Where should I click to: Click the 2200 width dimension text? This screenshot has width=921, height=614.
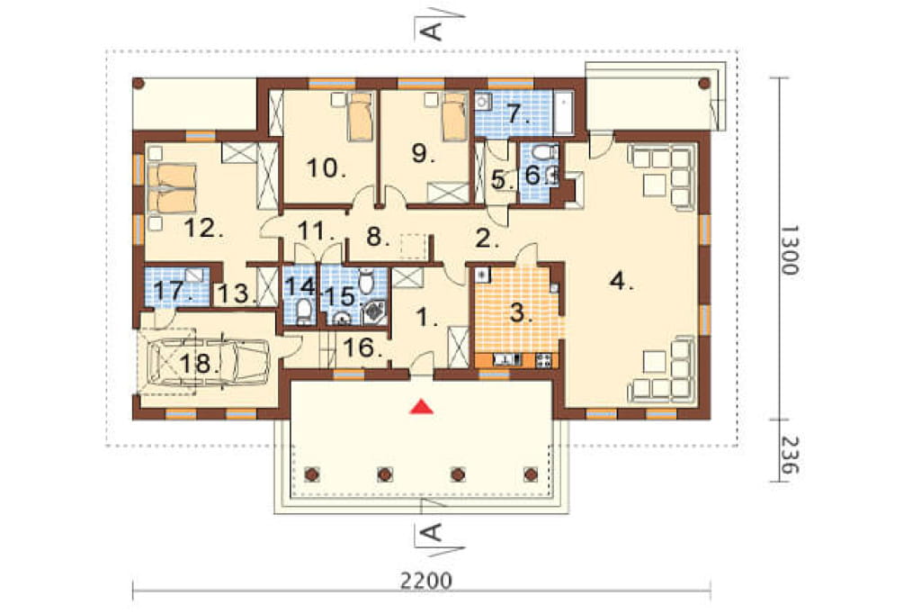tap(426, 582)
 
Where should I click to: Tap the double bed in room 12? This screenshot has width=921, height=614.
tap(171, 188)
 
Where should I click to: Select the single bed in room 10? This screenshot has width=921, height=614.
tap(360, 116)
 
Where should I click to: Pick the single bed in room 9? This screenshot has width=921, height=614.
tap(454, 116)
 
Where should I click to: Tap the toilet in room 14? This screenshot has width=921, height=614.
tap(303, 310)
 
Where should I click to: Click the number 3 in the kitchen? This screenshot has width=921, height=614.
tap(518, 314)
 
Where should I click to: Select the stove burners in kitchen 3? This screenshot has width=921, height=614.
tap(543, 359)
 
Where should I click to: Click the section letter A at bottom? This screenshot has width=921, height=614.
tap(432, 533)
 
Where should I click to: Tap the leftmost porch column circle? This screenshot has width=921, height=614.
tap(311, 474)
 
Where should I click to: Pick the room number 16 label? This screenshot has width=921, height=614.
tap(362, 348)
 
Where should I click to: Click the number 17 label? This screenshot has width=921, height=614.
tap(172, 291)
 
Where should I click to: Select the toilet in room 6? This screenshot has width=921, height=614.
tap(543, 154)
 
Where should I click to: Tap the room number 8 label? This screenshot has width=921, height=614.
tap(378, 238)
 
